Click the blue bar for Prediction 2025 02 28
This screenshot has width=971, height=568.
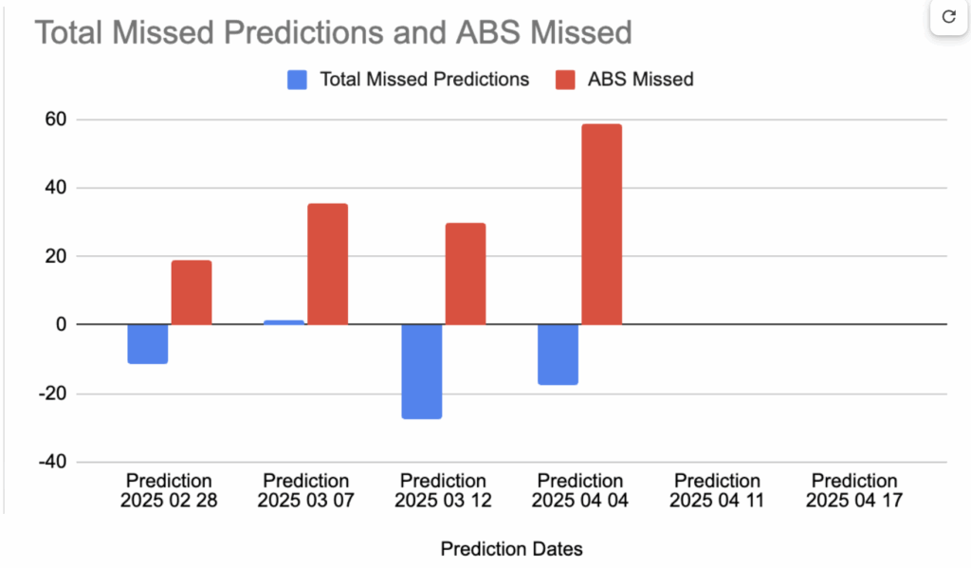click(148, 343)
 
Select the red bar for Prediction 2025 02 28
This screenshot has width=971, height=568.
click(192, 292)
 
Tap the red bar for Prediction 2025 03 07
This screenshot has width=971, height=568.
click(328, 264)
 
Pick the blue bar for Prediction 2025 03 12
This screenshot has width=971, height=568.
click(421, 371)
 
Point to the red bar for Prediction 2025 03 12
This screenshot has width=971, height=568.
click(465, 273)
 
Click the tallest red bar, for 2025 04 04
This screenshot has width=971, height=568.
click(601, 224)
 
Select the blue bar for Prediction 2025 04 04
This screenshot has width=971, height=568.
click(558, 354)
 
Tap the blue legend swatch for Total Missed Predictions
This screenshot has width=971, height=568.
click(298, 80)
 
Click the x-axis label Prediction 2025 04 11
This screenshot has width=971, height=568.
click(718, 491)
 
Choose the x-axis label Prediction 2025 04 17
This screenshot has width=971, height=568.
click(854, 491)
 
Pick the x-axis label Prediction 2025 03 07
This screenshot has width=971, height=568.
click(306, 491)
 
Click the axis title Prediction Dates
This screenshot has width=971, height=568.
click(512, 548)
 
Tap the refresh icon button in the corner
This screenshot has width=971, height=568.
click(947, 17)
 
